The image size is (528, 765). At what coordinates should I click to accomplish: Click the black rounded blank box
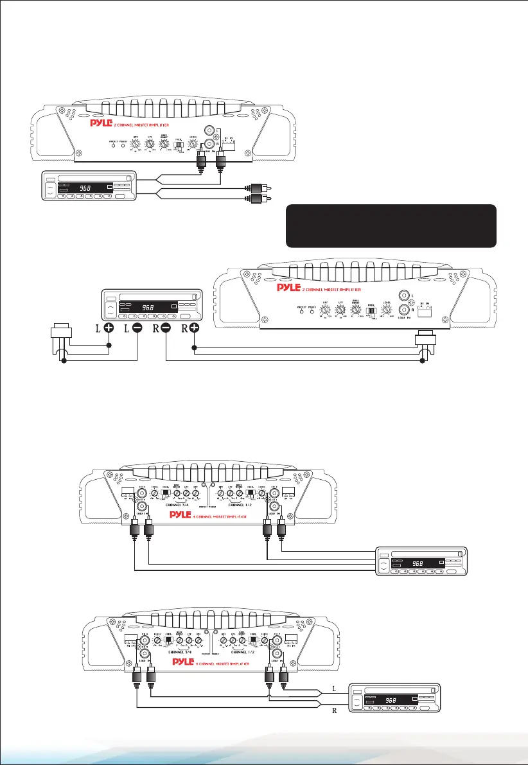tap(391, 226)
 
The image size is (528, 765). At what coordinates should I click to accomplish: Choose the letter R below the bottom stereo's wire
tap(333, 712)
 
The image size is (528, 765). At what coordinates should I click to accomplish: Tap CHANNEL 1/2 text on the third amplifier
tap(247, 504)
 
